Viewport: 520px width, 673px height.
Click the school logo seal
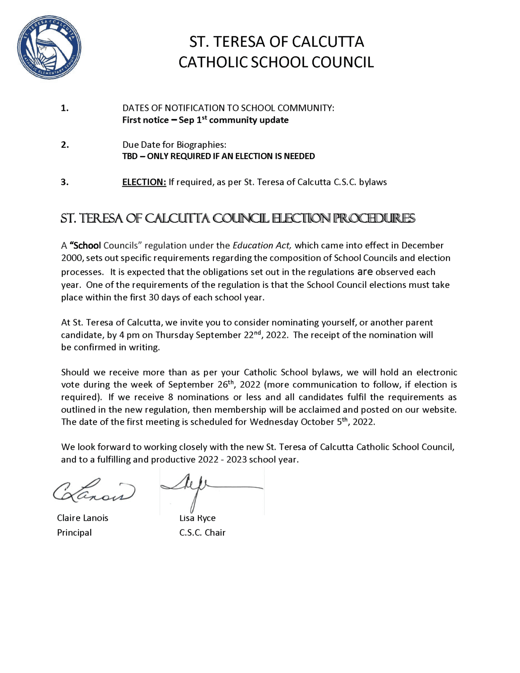click(x=49, y=47)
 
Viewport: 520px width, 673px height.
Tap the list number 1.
click(x=64, y=108)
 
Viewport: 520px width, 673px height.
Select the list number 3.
click(x=64, y=182)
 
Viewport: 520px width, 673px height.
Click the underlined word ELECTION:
click(x=144, y=182)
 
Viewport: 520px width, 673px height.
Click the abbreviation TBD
click(x=130, y=156)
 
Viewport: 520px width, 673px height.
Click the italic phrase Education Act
click(x=262, y=245)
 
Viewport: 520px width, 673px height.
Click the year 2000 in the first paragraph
click(x=70, y=258)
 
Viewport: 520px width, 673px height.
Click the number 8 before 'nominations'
click(x=170, y=397)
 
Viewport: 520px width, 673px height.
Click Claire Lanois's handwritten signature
click(x=94, y=490)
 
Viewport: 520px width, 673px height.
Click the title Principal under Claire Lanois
click(x=74, y=533)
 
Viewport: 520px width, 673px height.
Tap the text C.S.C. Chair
click(x=202, y=533)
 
